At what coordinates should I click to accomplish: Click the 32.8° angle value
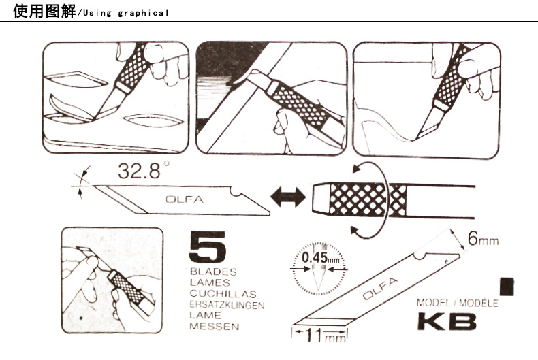tap(144, 171)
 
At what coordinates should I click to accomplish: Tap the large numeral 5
tap(208, 246)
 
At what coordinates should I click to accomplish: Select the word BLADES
tap(213, 272)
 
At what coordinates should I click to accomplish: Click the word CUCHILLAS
tap(223, 294)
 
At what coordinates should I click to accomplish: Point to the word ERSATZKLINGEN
tap(227, 305)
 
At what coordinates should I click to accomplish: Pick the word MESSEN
tap(214, 327)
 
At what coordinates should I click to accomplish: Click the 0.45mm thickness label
tap(320, 257)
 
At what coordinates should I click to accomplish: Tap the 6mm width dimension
tap(483, 239)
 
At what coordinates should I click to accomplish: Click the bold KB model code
tap(447, 321)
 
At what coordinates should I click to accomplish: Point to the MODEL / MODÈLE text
tap(458, 303)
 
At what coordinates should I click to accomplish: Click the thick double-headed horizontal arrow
tap(288, 197)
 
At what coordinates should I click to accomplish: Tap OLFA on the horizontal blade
tap(185, 199)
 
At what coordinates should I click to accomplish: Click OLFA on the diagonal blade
tap(380, 289)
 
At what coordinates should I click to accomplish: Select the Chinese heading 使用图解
tap(44, 12)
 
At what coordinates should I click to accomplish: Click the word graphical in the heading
tap(143, 14)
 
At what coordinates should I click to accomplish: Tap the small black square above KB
tap(507, 287)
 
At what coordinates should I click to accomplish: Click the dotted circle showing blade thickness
tap(319, 243)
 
